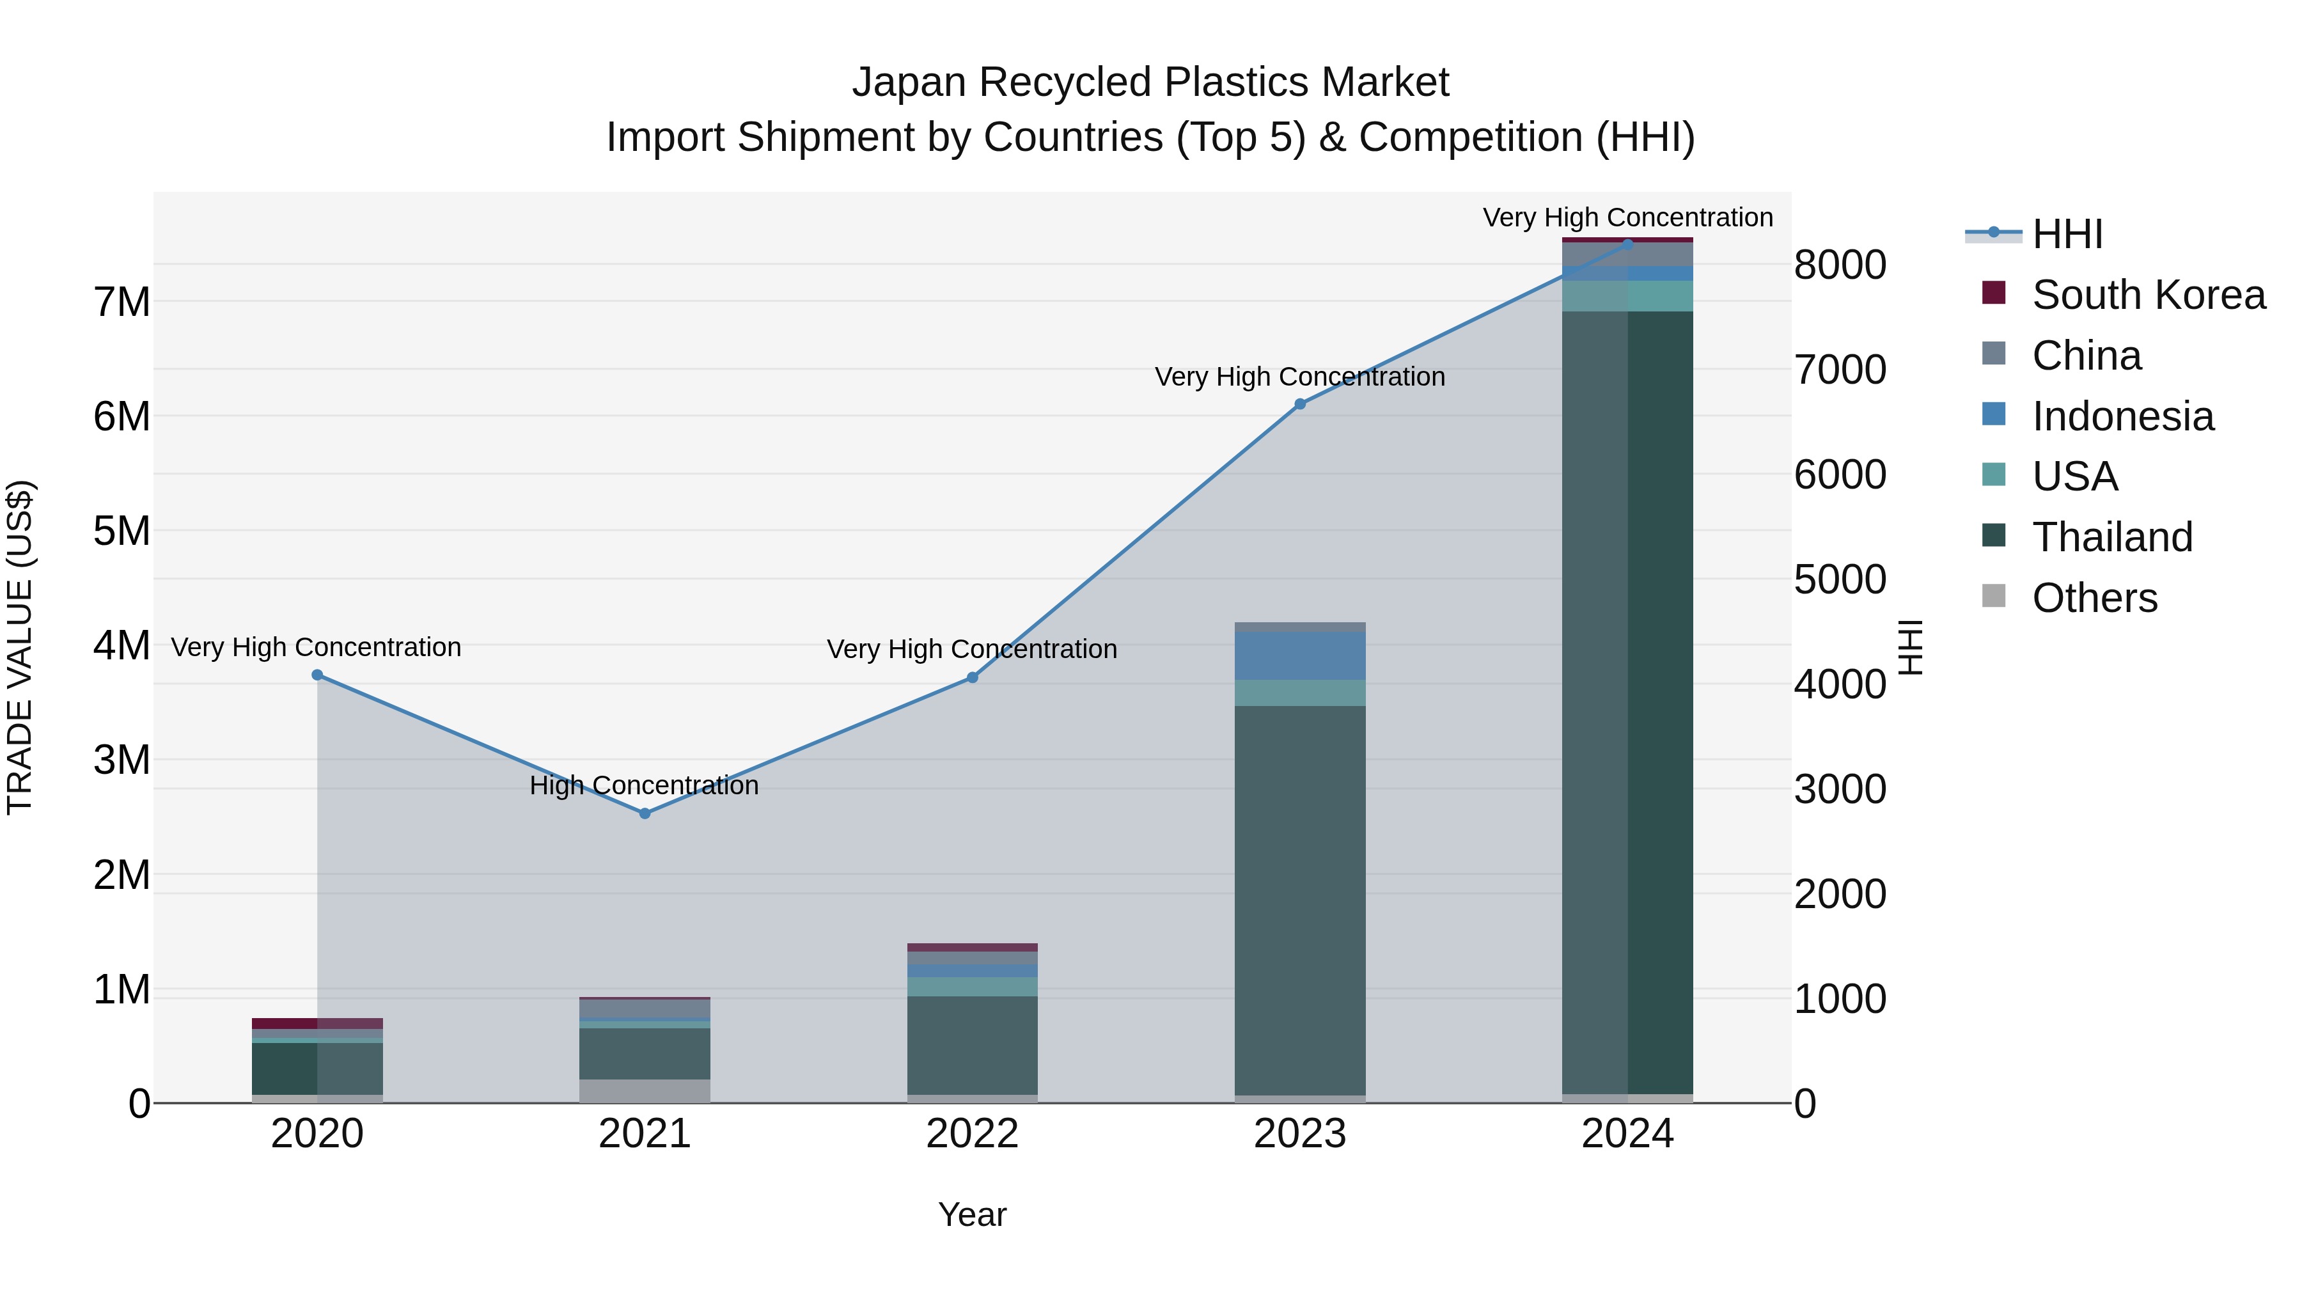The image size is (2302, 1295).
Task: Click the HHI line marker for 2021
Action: pos(645,813)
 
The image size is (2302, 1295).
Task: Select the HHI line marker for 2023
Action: pos(1300,404)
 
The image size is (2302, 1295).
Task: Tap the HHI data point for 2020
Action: pos(317,675)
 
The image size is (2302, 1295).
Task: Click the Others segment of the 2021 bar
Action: pos(645,1090)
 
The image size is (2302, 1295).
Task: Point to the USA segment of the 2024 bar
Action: pos(1627,296)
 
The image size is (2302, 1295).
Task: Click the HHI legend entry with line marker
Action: pos(2066,234)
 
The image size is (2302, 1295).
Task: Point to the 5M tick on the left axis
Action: pos(121,531)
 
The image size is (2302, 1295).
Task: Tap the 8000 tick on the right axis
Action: pos(1839,265)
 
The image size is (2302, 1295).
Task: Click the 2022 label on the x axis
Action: pos(972,1134)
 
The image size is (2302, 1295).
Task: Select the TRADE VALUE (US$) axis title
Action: pos(20,647)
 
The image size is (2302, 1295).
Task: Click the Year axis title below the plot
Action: pos(972,1214)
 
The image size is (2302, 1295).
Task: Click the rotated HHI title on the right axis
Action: pos(1909,647)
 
